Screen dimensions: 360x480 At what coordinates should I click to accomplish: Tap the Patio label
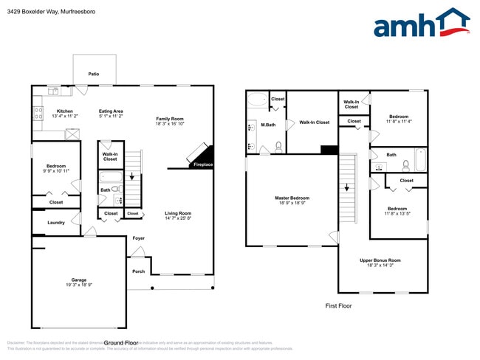coord(94,74)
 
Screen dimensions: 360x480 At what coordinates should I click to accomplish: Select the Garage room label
coord(79,280)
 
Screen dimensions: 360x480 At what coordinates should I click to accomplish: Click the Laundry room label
coord(56,222)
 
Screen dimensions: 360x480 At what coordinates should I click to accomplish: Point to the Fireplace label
coord(203,165)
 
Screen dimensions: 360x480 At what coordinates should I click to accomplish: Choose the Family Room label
coord(168,118)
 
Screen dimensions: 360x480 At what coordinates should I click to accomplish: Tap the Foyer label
coord(139,238)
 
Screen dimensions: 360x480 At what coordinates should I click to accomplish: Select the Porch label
coord(139,271)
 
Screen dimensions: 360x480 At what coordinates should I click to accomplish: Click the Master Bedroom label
coord(292,198)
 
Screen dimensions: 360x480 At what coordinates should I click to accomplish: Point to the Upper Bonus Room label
coord(380,260)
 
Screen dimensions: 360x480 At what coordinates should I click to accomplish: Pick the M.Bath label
coord(269,125)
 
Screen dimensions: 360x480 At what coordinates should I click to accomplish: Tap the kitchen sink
coord(54,91)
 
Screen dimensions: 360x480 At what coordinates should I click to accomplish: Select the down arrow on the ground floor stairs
coord(132,177)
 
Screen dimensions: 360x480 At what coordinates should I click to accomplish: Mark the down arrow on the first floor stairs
coord(346,187)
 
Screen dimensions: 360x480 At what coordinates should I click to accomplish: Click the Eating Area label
coord(111,111)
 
